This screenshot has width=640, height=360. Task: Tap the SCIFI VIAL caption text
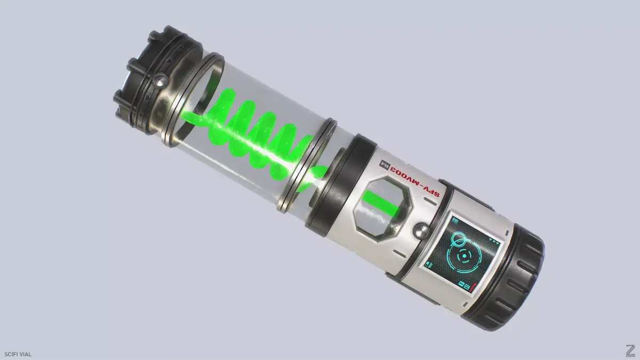[18, 354]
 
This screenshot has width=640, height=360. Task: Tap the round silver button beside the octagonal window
[421, 231]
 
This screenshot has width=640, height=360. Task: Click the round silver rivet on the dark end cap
[158, 81]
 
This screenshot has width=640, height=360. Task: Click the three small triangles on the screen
[494, 242]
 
